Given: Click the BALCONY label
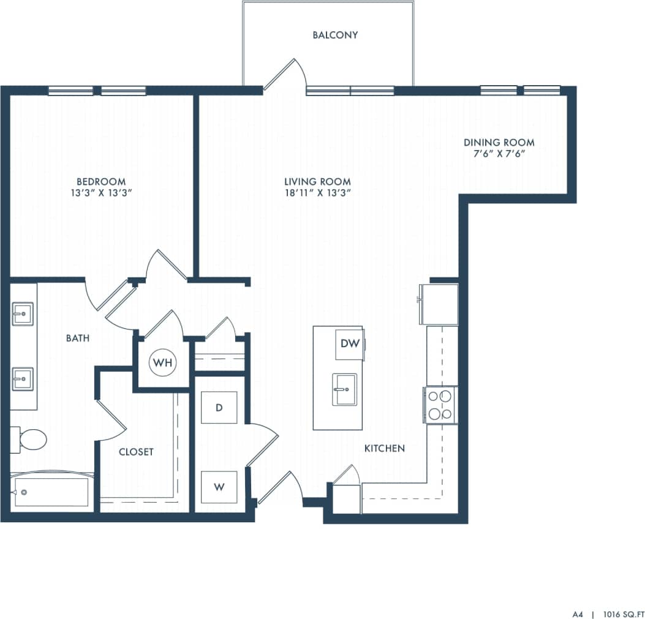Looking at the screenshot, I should (335, 35).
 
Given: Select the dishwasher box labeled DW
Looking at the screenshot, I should (350, 343).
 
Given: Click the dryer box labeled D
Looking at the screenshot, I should (219, 408).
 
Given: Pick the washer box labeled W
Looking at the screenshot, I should (219, 487).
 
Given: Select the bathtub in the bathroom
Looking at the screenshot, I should (51, 492).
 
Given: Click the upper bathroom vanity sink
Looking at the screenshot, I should (23, 314).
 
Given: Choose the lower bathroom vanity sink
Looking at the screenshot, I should (23, 379).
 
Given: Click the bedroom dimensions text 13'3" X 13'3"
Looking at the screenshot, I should (101, 193).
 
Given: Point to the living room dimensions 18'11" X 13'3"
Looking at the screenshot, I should (317, 193).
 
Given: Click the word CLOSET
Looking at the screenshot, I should (136, 452).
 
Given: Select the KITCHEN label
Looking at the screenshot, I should (385, 448).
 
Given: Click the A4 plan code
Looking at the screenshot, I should (578, 612).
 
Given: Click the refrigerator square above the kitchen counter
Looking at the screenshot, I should (439, 304).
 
